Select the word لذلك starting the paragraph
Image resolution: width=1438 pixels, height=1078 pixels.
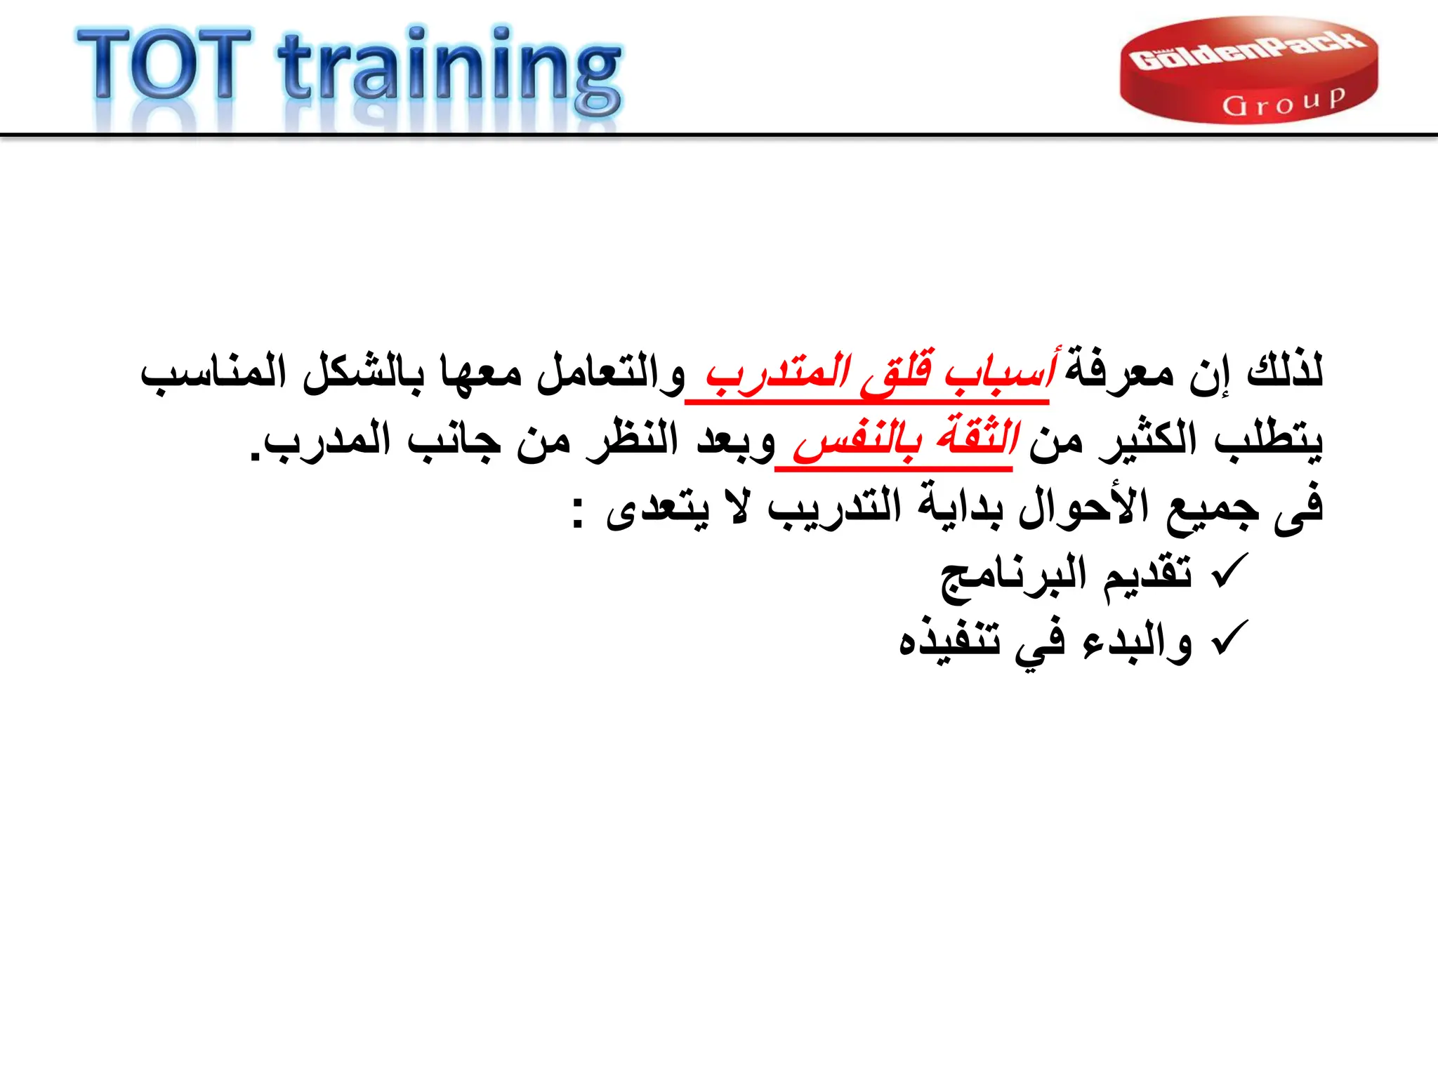point(1285,370)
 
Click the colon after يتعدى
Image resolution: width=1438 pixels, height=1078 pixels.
point(577,513)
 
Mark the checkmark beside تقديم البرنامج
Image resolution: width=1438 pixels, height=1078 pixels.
point(1229,571)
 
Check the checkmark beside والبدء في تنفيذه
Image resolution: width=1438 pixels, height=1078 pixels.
point(1229,638)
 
